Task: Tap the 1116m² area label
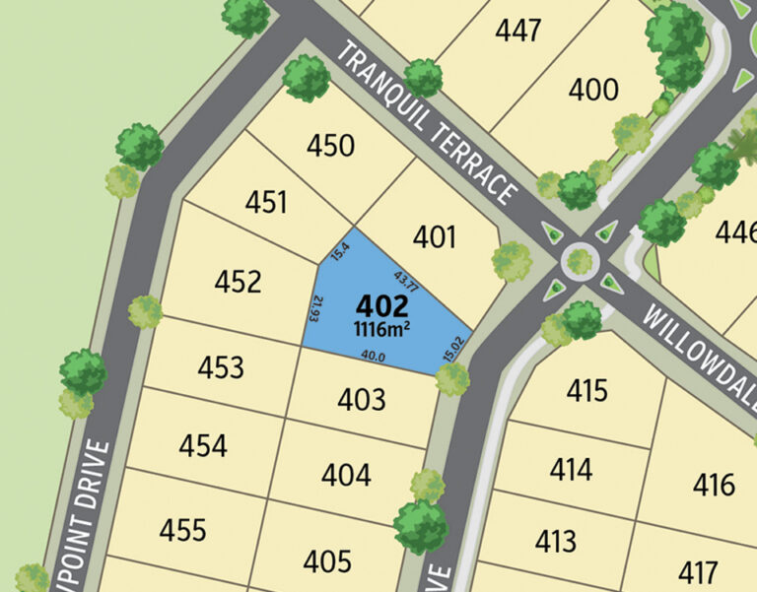tap(382, 326)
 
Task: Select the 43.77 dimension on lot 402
tap(407, 281)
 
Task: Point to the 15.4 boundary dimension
tap(341, 251)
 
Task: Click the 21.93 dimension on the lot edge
tap(315, 307)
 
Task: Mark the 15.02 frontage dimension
tap(452, 348)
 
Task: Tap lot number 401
tap(435, 236)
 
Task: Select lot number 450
tap(330, 146)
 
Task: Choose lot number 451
tap(267, 203)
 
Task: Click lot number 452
tap(239, 283)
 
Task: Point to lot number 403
tap(362, 400)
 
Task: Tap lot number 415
tap(587, 391)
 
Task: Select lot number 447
tap(518, 31)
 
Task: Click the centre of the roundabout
tap(580, 261)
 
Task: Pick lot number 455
tap(183, 530)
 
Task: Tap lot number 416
tap(714, 485)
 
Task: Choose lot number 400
tap(594, 91)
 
